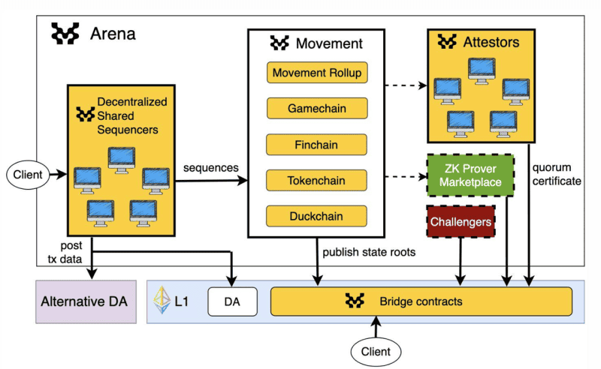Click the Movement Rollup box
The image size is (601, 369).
coord(316,73)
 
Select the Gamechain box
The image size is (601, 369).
coord(316,108)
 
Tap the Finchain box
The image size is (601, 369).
coord(316,144)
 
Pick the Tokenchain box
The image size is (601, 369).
coord(316,180)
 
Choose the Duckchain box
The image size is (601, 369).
coord(316,216)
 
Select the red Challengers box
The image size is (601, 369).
coord(461,221)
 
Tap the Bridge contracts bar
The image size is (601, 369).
coord(421,301)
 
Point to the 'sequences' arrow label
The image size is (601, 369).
coord(211,168)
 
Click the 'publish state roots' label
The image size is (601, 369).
coord(369,253)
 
